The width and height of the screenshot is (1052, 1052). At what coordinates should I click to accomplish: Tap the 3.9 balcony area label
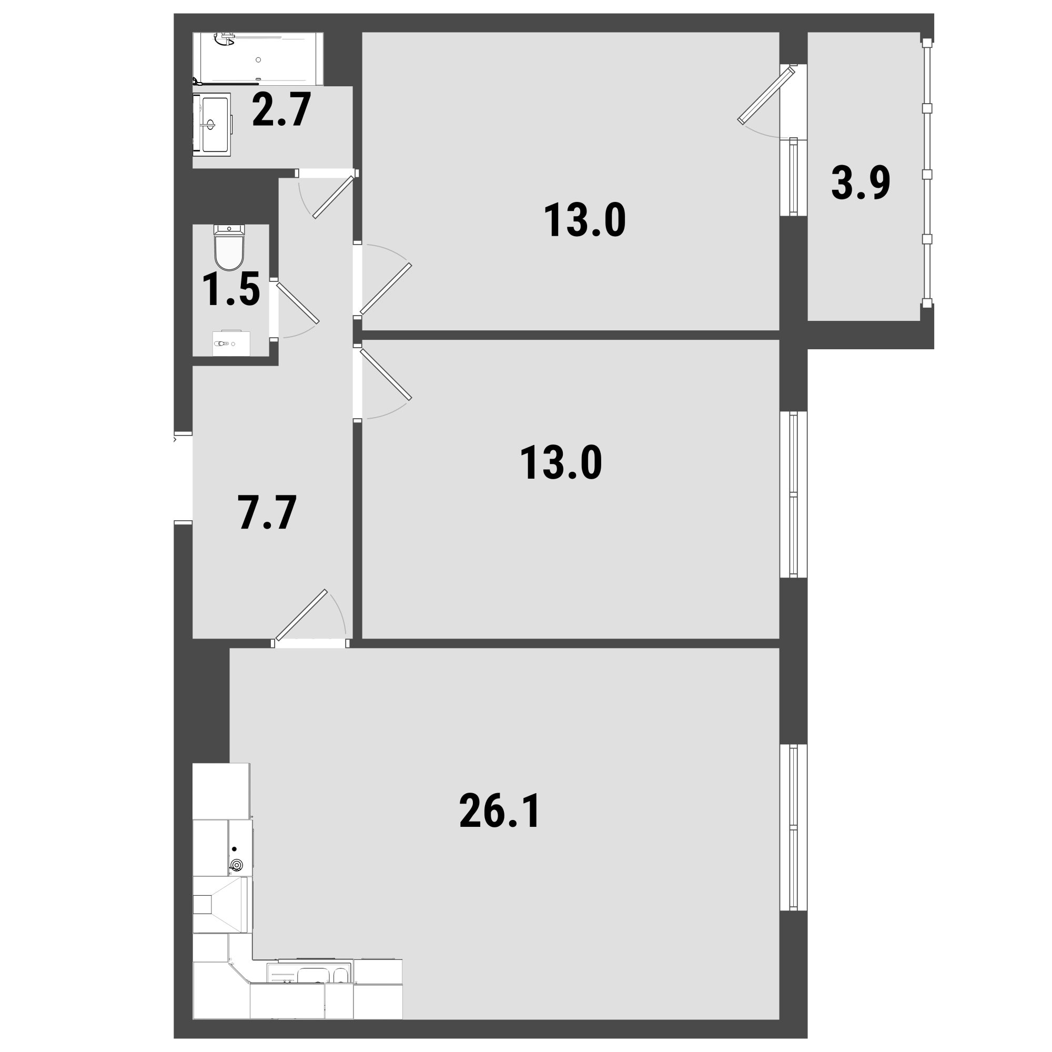click(861, 183)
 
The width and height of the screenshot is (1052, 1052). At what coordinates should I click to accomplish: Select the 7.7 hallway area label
click(267, 512)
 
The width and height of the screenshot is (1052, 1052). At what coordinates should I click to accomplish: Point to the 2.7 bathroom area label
click(281, 109)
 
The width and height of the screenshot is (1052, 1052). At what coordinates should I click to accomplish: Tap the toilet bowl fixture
click(229, 248)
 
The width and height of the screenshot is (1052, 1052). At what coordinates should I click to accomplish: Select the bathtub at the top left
click(258, 59)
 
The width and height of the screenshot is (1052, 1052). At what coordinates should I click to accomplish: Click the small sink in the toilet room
click(231, 343)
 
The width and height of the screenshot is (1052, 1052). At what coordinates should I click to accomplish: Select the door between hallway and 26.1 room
click(301, 615)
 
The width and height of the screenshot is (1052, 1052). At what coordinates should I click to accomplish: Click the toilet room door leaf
click(297, 303)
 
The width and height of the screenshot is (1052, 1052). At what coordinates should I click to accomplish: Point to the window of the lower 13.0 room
click(793, 494)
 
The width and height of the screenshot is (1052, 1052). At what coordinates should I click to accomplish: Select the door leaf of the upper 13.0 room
click(386, 289)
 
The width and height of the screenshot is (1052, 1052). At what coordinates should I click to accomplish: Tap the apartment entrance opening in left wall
click(184, 478)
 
